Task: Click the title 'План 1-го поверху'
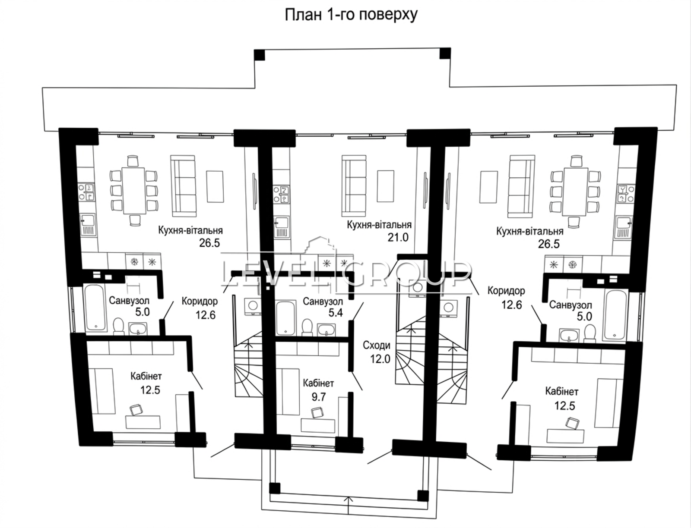coord(351,15)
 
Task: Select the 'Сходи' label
coord(377,345)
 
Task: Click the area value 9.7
coord(319,397)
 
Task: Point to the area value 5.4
coord(336,312)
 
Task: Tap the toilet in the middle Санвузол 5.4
coord(307,327)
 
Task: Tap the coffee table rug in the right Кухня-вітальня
coord(488,187)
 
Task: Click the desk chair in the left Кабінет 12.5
coord(136,409)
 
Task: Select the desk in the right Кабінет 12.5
coord(565,436)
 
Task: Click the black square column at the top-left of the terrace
coord(260,55)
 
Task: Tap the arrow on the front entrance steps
coord(348,504)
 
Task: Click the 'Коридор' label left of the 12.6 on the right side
coord(506,291)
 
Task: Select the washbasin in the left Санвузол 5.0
coord(138,329)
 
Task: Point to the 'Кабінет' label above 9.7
coord(318,383)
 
